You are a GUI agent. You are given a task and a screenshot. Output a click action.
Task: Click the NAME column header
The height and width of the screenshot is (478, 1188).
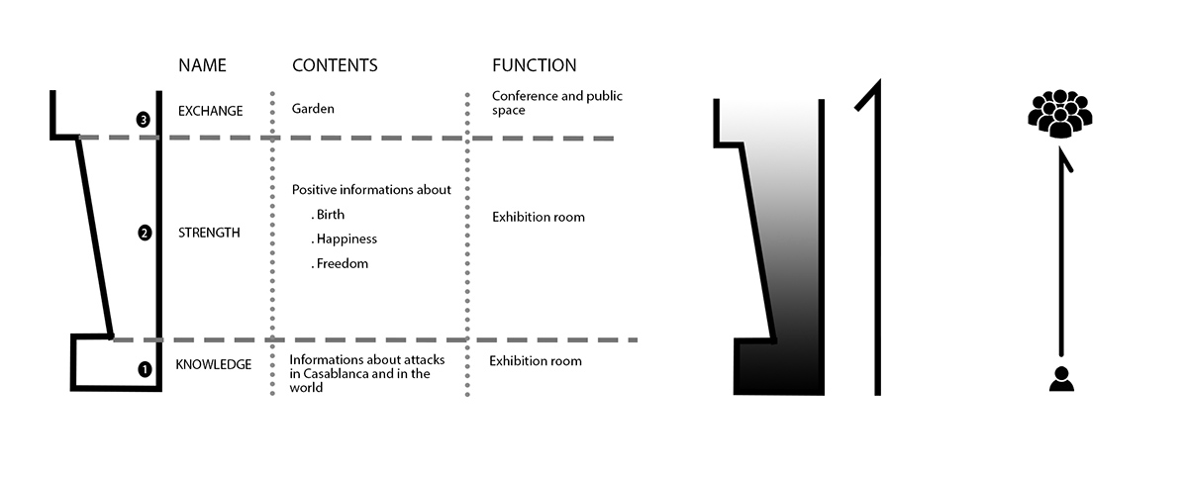click(202, 65)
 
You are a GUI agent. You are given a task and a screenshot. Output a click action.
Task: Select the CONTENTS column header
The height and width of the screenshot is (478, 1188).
click(335, 65)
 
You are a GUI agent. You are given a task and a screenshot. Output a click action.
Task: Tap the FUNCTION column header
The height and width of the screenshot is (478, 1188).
click(534, 65)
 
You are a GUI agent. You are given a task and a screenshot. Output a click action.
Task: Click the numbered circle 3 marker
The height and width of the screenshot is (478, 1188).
click(144, 120)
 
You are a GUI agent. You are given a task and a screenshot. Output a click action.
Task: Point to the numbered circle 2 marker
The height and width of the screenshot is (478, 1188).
click(145, 234)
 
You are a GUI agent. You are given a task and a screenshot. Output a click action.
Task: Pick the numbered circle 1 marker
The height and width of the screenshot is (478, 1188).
click(145, 369)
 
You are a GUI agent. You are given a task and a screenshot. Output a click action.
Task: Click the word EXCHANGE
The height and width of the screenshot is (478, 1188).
click(210, 111)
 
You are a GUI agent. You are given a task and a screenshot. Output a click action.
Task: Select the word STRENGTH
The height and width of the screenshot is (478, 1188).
click(209, 234)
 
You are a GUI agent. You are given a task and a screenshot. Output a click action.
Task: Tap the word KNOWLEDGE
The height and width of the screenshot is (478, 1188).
click(213, 364)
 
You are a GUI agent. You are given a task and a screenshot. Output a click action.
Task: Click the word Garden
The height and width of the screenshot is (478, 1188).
click(313, 109)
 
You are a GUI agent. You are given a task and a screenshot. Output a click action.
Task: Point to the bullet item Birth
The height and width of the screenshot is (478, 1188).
click(331, 214)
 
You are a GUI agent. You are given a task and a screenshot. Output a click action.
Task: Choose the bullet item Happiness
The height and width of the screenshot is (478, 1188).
click(346, 239)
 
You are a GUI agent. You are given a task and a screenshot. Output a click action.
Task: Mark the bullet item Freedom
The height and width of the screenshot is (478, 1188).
click(342, 263)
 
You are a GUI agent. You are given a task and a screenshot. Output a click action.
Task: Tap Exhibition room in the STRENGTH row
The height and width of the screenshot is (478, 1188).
click(538, 217)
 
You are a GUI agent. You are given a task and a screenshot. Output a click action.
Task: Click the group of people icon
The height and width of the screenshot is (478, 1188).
click(1059, 114)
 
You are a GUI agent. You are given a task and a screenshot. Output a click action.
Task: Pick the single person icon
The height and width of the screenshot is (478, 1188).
click(1061, 379)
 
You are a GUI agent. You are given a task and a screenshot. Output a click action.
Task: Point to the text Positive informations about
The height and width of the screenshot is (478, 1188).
click(371, 189)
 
